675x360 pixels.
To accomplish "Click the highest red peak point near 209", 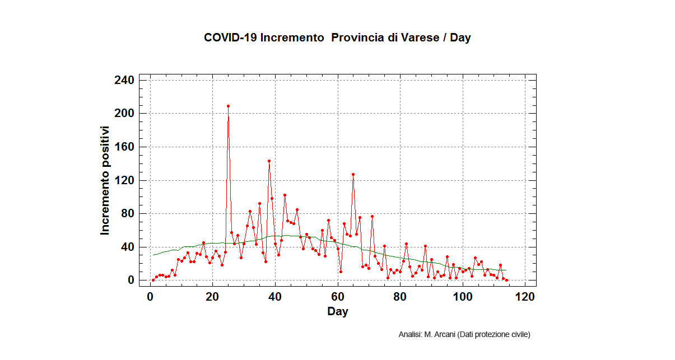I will point(228,106).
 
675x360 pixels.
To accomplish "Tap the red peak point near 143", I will point(269,161).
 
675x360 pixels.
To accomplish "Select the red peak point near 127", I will point(353,174).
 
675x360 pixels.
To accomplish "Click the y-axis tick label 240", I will point(124,80).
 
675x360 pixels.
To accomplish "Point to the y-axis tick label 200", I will point(124,114).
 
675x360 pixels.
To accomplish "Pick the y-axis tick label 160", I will point(124,147).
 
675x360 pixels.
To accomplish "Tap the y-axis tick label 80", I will point(127,213).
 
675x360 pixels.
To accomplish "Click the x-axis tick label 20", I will point(212,297).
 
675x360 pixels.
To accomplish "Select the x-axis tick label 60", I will point(337,297).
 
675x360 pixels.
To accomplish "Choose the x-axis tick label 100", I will point(463,297).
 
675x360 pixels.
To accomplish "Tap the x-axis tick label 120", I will point(525,297).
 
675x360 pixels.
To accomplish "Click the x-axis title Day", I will point(337,311).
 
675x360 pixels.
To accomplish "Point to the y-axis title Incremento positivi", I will point(105,180).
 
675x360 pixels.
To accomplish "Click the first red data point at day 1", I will point(153,280).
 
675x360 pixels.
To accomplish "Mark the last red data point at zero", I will point(506,280).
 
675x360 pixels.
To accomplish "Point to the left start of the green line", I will point(153,255).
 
